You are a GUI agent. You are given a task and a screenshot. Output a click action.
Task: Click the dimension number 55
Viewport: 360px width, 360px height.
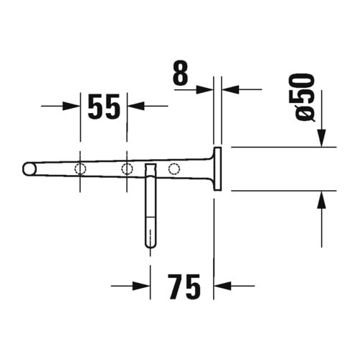[104, 107]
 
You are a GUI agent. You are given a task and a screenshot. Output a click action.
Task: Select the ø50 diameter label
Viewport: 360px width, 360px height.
[305, 96]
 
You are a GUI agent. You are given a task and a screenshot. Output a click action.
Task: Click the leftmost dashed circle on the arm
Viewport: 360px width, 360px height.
[80, 168]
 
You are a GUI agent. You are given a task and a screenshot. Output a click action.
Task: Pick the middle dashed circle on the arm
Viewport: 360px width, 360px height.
[127, 168]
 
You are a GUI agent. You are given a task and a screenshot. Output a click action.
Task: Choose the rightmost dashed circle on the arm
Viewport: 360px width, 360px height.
[174, 168]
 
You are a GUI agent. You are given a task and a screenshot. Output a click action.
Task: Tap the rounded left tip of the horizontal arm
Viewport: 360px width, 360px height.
[29, 168]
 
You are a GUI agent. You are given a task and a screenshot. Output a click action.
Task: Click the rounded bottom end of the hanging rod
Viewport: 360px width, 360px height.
[150, 243]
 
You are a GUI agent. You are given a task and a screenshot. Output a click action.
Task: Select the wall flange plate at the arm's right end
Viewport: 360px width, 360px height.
[216, 169]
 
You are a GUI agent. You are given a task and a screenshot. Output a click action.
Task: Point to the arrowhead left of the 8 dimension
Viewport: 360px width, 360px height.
[205, 89]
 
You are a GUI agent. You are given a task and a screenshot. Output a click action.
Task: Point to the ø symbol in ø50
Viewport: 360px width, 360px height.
[305, 114]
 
